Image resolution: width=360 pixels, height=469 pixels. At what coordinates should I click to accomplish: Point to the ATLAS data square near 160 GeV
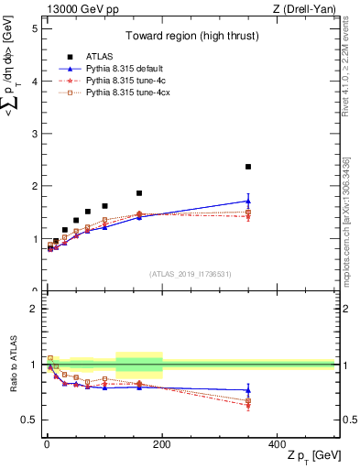pyautogui.click(x=139, y=193)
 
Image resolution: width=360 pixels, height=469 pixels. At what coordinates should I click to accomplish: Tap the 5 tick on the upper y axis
pyautogui.click(x=33, y=28)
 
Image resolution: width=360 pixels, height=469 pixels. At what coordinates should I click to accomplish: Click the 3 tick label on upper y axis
pyautogui.click(x=33, y=134)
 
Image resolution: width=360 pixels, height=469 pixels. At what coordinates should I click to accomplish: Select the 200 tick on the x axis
pyautogui.click(x=161, y=443)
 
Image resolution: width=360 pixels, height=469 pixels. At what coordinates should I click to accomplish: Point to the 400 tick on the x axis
pyautogui.click(x=277, y=443)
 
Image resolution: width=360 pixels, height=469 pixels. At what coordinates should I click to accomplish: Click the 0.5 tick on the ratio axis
pyautogui.click(x=28, y=420)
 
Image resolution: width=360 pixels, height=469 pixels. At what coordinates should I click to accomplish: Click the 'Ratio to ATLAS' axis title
pyautogui.click(x=12, y=365)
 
